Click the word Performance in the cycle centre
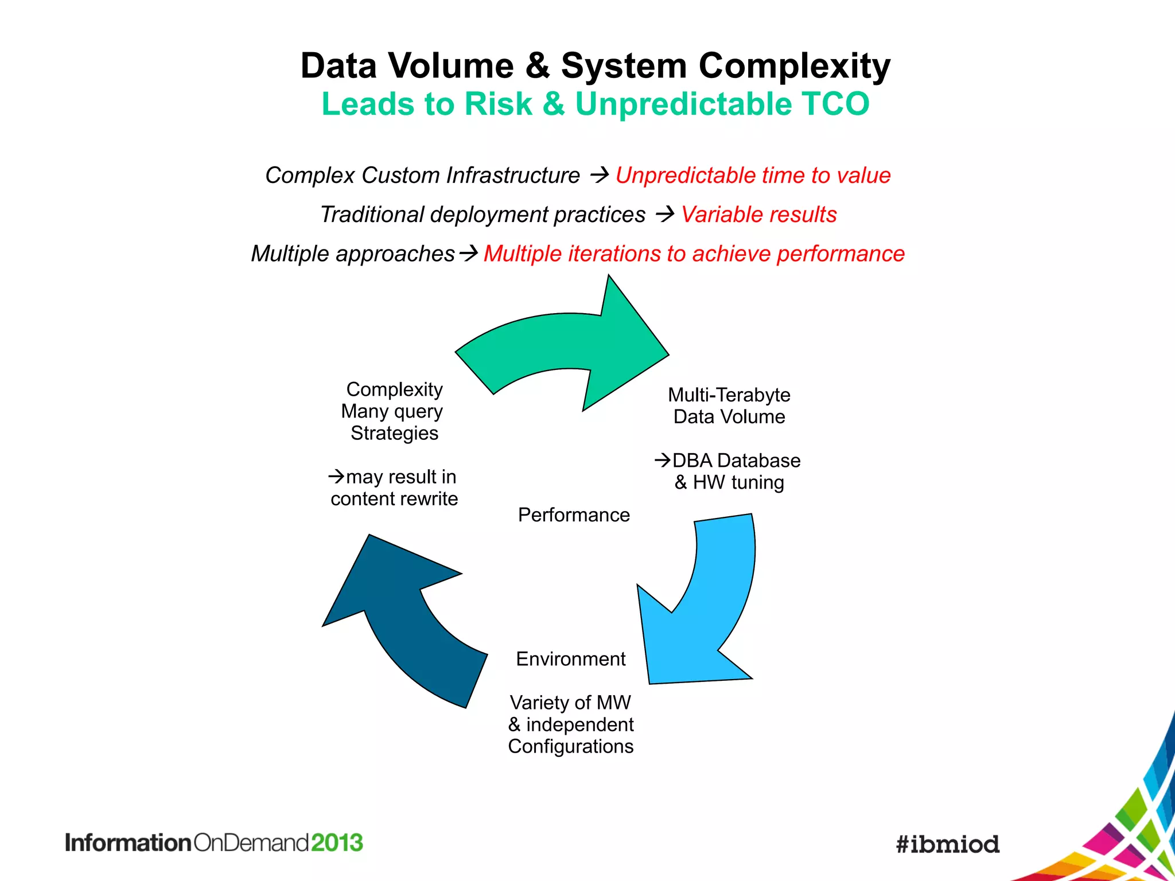click(574, 515)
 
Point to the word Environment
click(570, 659)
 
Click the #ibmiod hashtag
click(948, 844)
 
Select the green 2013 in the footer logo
click(337, 843)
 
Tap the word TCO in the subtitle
click(835, 104)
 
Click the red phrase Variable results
click(758, 215)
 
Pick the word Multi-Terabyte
click(729, 395)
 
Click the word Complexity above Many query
click(394, 389)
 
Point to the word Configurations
click(570, 747)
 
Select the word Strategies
click(394, 433)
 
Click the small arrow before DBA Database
click(662, 460)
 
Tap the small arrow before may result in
click(336, 476)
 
